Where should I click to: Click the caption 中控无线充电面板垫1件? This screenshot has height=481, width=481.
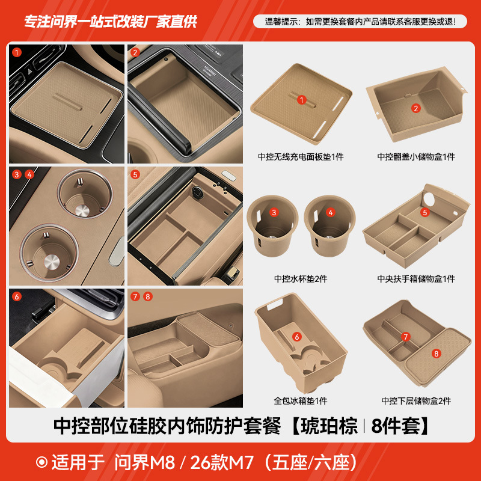[301, 157]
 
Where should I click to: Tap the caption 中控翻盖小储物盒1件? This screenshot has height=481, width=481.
[416, 157]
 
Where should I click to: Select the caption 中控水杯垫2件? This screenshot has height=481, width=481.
[301, 279]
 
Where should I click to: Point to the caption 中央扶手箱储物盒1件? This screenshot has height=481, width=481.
[416, 279]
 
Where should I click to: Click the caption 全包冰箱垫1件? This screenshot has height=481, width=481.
[301, 401]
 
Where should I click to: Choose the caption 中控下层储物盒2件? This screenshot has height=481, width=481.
[416, 401]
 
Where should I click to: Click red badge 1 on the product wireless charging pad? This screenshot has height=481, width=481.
[302, 100]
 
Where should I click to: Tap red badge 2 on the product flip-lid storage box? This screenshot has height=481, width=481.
[415, 108]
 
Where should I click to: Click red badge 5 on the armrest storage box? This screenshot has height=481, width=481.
[424, 212]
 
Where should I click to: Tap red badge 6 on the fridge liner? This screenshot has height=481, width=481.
[297, 337]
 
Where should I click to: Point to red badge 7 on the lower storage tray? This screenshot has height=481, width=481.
[406, 337]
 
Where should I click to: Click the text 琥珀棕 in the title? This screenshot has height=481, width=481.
[328, 426]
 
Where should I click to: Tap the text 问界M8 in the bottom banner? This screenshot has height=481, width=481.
[147, 462]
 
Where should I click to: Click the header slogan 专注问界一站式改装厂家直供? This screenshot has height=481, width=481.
[110, 22]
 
